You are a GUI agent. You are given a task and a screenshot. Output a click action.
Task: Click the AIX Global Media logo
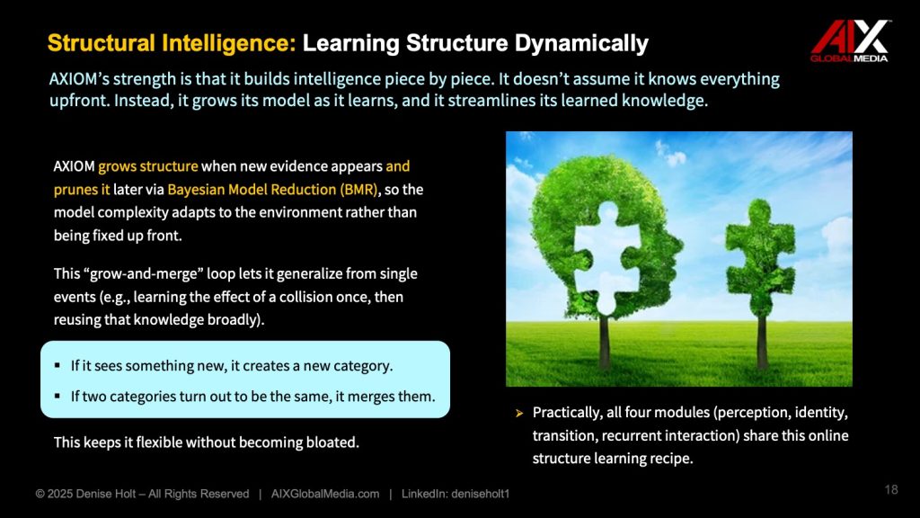pos(850,41)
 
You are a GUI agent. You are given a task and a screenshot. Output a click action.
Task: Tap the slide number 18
pos(891,490)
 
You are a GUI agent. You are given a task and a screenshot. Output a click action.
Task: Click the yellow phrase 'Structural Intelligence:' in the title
pos(172,43)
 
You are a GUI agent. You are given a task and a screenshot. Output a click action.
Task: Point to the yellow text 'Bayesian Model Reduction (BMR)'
pos(273,190)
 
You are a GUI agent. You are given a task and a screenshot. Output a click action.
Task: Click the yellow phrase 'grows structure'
pos(148,166)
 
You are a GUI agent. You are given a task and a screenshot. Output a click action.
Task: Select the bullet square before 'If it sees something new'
pos(57,366)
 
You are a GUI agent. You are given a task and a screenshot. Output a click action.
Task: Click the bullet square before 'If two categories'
pos(57,397)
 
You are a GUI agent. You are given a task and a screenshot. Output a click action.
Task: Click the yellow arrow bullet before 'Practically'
pos(519,414)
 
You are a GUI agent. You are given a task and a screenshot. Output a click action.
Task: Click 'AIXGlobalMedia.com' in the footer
pos(325,494)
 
